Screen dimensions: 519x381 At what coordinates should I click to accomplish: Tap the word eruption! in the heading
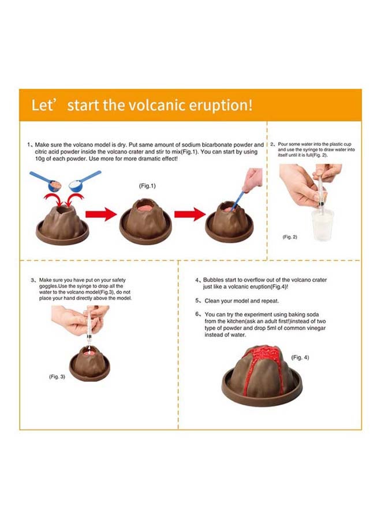click(x=221, y=106)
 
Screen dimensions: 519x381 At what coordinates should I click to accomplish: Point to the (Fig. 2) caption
click(x=289, y=237)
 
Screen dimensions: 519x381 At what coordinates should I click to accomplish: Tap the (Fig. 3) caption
click(x=55, y=376)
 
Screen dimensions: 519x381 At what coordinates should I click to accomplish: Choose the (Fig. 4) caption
click(x=300, y=358)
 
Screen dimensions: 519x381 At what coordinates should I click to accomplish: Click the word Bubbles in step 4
click(x=216, y=280)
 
